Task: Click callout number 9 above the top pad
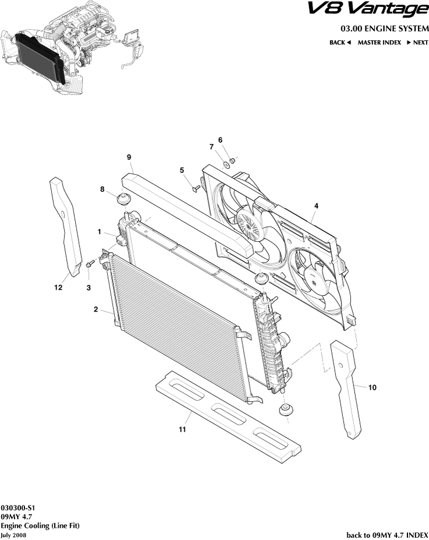(x=129, y=157)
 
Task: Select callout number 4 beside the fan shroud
(x=316, y=206)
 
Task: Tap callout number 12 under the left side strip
(x=58, y=287)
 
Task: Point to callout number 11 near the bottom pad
(x=182, y=430)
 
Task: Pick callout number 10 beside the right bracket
(x=373, y=387)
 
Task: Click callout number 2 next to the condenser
(x=95, y=310)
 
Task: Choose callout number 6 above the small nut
(x=221, y=140)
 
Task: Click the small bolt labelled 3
(x=90, y=265)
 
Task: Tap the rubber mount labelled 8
(x=123, y=199)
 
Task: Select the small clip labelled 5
(x=196, y=188)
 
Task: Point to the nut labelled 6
(x=232, y=160)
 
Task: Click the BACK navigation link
(x=340, y=43)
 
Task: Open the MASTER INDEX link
(x=379, y=43)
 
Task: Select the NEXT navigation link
(x=417, y=43)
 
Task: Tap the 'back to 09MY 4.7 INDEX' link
(x=387, y=534)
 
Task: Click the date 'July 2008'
(x=13, y=535)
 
